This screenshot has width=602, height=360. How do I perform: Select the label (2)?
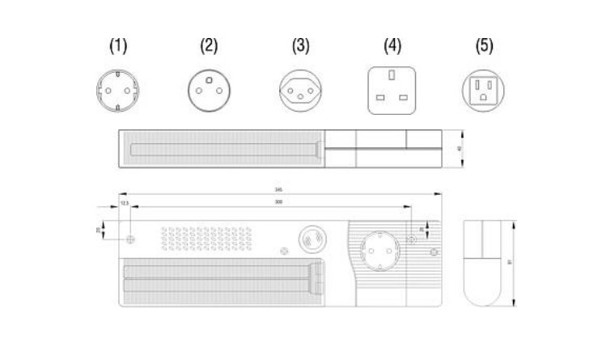click(x=209, y=46)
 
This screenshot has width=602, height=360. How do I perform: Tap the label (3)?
click(x=300, y=46)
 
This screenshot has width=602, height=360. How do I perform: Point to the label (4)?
click(x=392, y=46)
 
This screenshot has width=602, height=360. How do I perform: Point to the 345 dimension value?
click(x=278, y=191)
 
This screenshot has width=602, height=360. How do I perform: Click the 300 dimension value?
click(x=278, y=201)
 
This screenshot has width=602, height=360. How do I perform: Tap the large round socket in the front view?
click(x=376, y=248)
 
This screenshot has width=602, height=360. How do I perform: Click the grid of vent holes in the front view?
click(x=206, y=238)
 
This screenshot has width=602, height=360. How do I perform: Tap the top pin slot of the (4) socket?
click(x=392, y=76)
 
